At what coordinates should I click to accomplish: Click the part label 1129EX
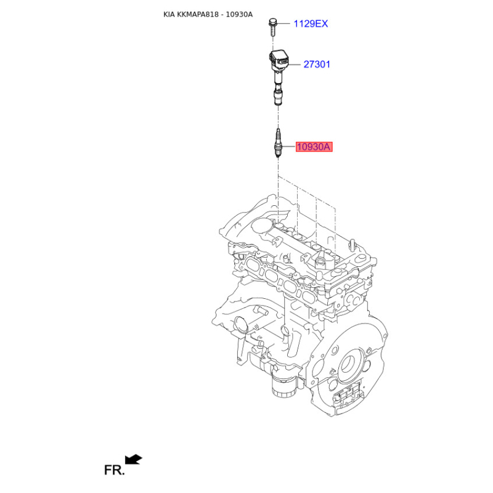tap(311, 23)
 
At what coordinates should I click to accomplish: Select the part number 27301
tap(317, 64)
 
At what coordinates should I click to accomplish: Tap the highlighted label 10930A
tap(314, 147)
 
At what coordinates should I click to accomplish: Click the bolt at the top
tap(272, 27)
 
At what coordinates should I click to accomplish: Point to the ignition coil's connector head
tap(279, 60)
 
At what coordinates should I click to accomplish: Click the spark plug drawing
tap(277, 143)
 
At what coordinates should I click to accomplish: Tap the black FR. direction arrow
tap(134, 459)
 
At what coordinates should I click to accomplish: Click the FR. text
tap(115, 470)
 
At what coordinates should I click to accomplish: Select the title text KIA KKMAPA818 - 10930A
tap(208, 14)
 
